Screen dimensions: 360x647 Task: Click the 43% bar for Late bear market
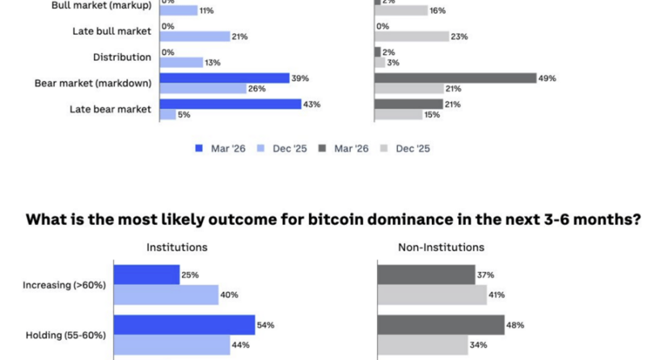tap(230, 104)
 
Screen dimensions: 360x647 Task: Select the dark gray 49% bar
tap(455, 78)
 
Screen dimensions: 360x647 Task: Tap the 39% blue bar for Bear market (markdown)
tap(224, 78)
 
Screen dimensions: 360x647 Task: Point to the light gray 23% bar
tap(411, 36)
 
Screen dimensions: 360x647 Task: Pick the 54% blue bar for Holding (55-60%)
tap(184, 324)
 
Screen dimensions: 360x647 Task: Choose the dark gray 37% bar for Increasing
tap(426, 274)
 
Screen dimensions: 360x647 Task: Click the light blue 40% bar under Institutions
tap(166, 294)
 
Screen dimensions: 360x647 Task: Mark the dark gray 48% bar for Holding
tap(441, 324)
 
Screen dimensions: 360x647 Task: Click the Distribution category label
tap(121, 57)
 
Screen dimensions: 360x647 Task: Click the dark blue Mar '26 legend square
tap(197, 148)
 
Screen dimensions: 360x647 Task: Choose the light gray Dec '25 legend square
tap(385, 148)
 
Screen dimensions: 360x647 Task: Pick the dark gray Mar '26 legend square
tap(323, 148)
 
